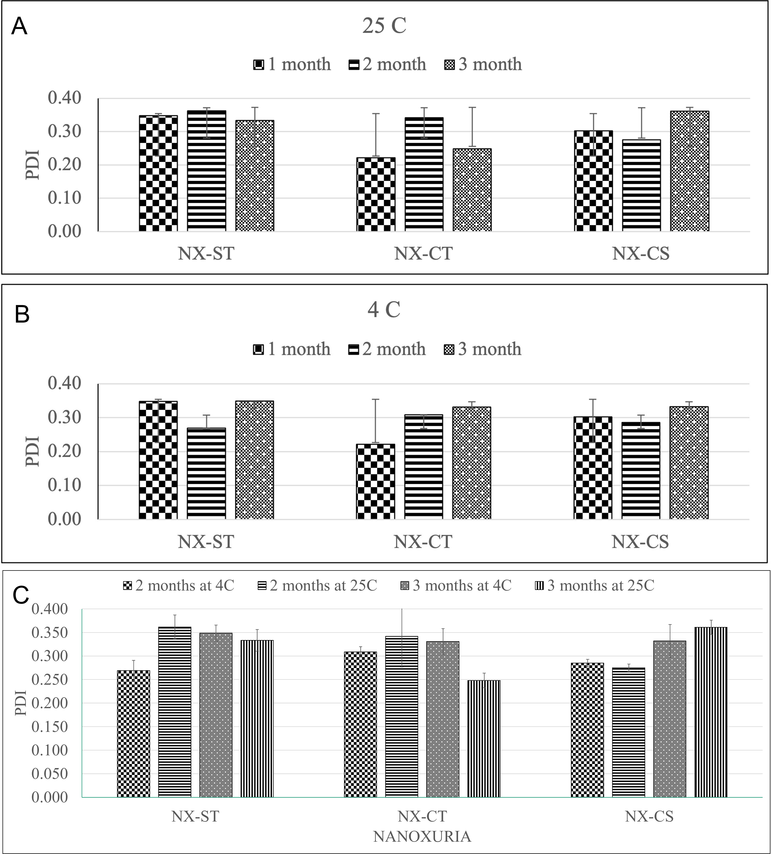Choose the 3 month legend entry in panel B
(x=483, y=349)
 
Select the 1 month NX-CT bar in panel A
(x=376, y=194)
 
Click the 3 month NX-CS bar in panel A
(x=690, y=171)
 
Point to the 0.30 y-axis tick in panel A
(x=64, y=131)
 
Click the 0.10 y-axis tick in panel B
(x=64, y=485)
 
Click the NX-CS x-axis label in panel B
(x=640, y=542)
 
